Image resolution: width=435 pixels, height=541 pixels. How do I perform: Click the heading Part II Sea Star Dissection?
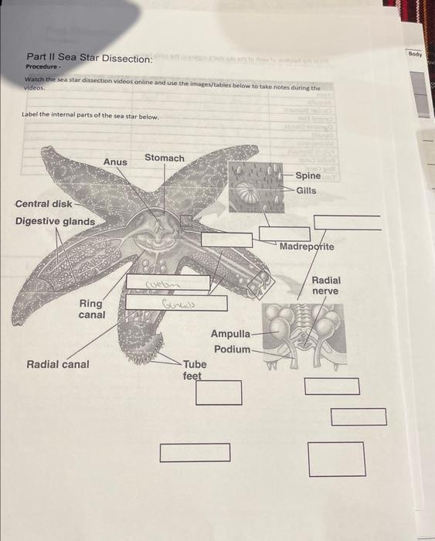click(78, 58)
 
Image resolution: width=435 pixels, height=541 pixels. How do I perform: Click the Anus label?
click(115, 162)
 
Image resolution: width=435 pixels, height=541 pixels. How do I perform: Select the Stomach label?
click(165, 158)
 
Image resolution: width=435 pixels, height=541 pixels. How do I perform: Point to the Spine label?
click(308, 176)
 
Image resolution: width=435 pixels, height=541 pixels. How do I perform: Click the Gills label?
click(306, 190)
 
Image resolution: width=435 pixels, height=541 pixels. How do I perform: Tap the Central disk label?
click(43, 204)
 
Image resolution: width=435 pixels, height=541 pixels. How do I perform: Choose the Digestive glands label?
click(56, 221)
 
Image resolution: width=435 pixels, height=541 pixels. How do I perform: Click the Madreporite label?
click(307, 247)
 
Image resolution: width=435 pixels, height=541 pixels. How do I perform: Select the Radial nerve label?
click(326, 285)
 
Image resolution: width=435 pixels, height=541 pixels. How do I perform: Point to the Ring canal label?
click(91, 309)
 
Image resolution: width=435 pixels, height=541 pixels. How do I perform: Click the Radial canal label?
click(58, 364)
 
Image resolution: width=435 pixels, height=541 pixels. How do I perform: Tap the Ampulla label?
click(230, 334)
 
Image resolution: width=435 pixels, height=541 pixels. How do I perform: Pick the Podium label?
click(232, 349)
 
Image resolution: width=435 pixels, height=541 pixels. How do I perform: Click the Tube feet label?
click(194, 369)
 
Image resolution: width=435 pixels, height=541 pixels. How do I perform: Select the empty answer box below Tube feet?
click(218, 392)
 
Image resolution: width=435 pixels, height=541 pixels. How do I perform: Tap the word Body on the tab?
click(416, 56)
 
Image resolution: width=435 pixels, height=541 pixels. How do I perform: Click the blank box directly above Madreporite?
click(278, 233)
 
